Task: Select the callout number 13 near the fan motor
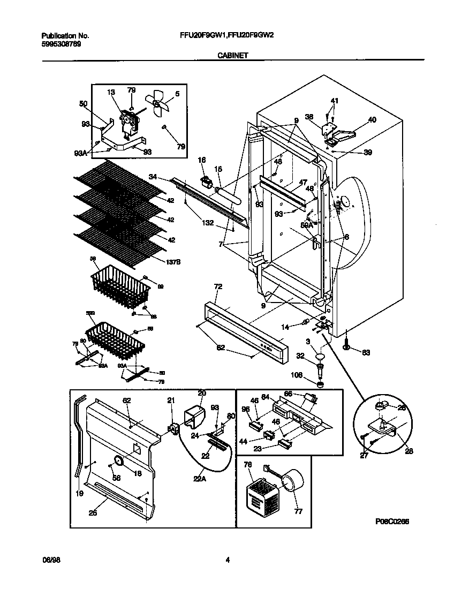111,92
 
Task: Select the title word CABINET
232,55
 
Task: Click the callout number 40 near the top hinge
372,120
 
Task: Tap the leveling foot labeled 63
346,348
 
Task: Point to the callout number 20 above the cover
201,392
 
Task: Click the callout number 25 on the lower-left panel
93,513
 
